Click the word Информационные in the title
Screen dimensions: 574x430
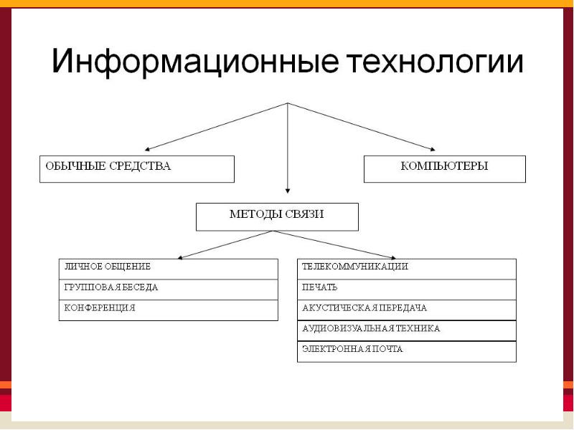pos(194,61)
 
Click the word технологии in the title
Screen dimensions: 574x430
pos(435,62)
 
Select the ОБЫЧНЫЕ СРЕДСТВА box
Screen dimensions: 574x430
pos(137,169)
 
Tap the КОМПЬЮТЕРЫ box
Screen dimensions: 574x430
pos(445,169)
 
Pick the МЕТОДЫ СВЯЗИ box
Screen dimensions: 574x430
pos(277,217)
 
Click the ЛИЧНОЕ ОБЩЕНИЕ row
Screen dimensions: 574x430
pos(169,269)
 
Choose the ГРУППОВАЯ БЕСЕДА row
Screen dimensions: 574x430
pos(169,290)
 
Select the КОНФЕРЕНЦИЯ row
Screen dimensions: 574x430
pos(169,310)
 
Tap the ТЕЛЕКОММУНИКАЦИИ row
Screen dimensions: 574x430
pos(407,269)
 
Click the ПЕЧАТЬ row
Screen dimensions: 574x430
pos(407,290)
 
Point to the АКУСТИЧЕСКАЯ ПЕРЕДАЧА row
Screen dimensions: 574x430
pos(407,310)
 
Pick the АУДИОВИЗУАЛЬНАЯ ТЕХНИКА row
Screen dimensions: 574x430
pos(407,331)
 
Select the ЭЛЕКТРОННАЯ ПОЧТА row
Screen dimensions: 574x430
pos(407,352)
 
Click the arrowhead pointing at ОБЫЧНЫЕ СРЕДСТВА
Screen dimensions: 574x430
pos(147,149)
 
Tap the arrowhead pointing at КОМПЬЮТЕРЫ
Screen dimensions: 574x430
pos(433,149)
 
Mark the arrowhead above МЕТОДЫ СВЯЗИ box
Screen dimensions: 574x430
pos(288,191)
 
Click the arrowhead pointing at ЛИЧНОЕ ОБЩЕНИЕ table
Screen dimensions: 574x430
pos(180,257)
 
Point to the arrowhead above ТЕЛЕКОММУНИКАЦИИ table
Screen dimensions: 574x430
pos(393,257)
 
